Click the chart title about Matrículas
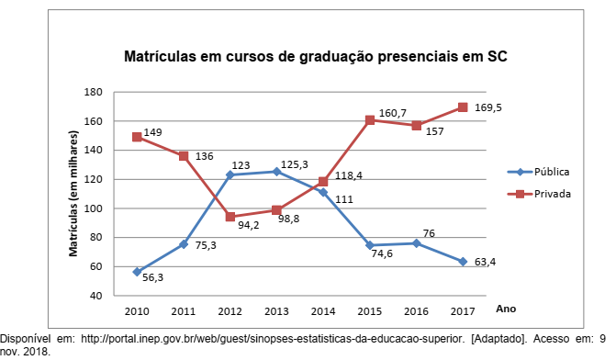[316, 57]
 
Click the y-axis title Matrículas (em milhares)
[74, 193]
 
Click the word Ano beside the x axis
[504, 309]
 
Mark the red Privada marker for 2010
[137, 137]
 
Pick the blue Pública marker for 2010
[137, 272]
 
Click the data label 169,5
[488, 108]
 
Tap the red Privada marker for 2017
[463, 107]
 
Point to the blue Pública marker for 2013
[276, 171]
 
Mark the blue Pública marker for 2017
[463, 262]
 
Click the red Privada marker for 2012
[230, 217]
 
